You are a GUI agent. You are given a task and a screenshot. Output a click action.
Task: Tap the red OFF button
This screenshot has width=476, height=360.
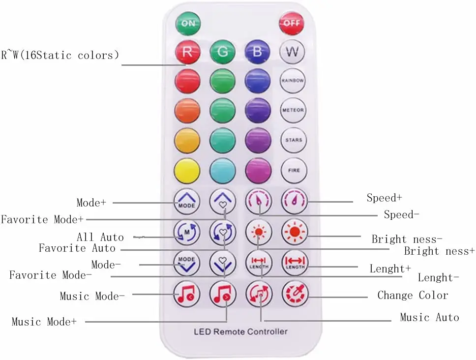pos(292,23)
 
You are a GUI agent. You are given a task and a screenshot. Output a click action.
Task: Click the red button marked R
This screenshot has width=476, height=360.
pos(187,52)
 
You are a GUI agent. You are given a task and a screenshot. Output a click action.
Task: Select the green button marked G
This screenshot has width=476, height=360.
pos(223,52)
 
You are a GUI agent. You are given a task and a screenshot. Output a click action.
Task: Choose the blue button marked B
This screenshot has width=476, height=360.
pos(258,52)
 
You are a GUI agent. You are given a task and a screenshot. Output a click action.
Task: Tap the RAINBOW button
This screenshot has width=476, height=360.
pos(293,81)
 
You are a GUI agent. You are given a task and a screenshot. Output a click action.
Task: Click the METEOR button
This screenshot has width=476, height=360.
pos(293,110)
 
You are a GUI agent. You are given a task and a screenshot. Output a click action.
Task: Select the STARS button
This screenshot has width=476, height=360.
pos(293,140)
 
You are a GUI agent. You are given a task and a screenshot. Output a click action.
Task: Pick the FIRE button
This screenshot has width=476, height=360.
pos(294,170)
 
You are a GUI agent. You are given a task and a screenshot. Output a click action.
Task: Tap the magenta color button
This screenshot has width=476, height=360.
pos(258,170)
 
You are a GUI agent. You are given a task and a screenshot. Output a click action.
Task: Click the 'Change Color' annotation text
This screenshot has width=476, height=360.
pos(413,296)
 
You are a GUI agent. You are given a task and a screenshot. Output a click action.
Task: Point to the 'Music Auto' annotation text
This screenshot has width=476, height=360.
pos(429,318)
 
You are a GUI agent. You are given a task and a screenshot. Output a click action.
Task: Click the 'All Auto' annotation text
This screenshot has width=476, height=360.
pos(100,237)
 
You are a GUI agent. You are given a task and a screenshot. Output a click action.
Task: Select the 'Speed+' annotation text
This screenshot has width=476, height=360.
pos(384,198)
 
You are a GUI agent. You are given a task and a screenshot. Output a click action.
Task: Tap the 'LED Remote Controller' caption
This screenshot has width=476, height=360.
pos(240,331)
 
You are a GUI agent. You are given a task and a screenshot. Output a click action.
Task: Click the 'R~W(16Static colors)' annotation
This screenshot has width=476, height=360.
pos(60,55)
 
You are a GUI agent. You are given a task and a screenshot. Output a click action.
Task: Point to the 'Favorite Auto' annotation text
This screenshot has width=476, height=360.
pos(77,248)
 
